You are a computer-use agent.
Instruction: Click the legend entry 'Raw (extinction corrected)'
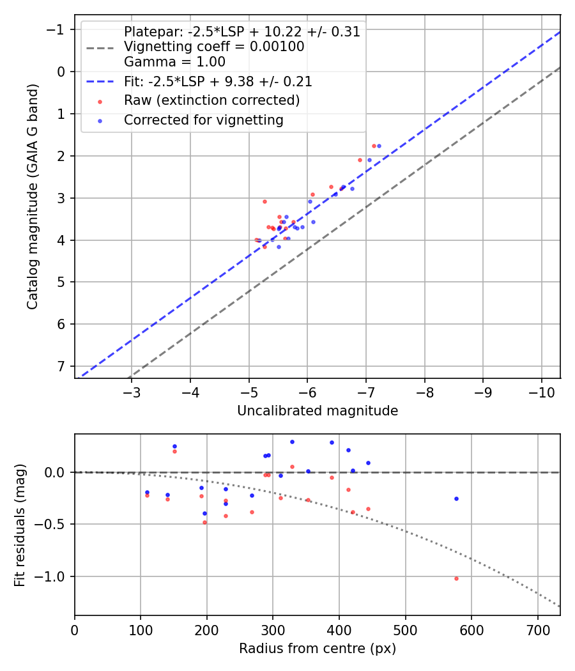tap(211, 100)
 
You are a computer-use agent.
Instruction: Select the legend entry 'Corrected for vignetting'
tap(203, 120)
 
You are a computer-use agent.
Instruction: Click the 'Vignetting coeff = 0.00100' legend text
tap(214, 47)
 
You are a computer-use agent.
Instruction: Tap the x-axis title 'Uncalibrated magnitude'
tap(318, 411)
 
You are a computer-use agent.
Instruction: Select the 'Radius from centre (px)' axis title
tap(318, 649)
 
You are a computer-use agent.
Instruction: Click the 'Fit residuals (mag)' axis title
tap(20, 525)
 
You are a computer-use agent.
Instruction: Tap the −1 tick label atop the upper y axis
tap(57, 29)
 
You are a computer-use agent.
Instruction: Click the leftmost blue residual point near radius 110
tap(147, 492)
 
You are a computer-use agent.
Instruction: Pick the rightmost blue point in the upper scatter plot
tap(379, 146)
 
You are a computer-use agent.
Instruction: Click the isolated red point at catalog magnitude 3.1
tap(264, 201)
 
